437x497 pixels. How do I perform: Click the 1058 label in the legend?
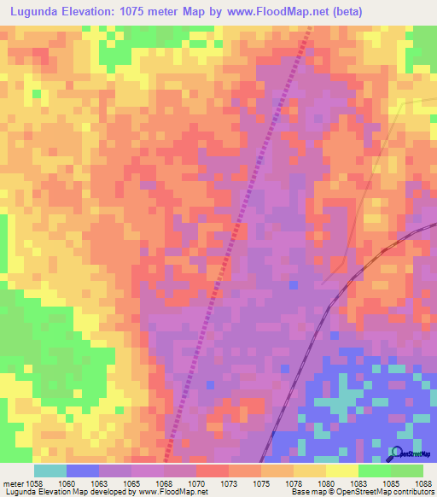coord(34,482)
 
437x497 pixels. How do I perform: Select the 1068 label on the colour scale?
coord(164,482)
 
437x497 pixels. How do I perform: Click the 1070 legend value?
coord(196,482)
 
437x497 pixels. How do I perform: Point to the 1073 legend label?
coord(229,482)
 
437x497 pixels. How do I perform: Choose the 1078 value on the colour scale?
coord(294,482)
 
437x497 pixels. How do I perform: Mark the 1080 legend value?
coord(326,482)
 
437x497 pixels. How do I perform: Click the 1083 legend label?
coord(358,482)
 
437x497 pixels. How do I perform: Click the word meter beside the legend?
coord(13,482)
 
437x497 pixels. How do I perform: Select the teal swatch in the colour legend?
coord(50,471)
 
